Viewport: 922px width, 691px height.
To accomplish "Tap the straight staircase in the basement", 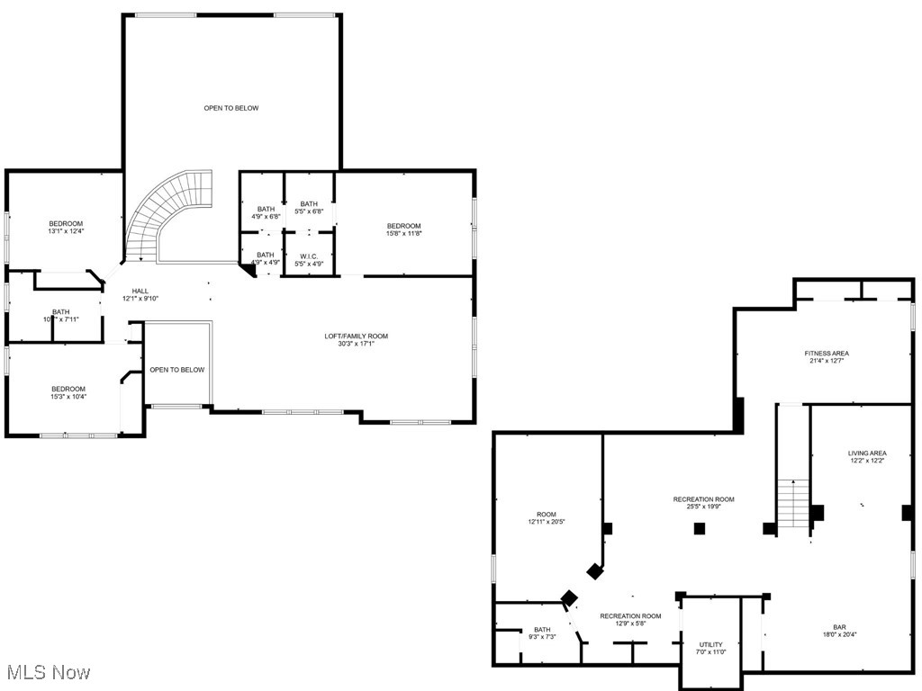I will pyautogui.click(x=793, y=504).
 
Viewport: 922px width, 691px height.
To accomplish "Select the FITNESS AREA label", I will pyautogui.click(x=827, y=354).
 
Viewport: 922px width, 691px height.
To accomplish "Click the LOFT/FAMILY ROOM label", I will pyautogui.click(x=357, y=337).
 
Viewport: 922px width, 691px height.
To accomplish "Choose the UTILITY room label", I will pyautogui.click(x=710, y=644).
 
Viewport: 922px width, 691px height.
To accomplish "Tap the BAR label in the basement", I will pyautogui.click(x=839, y=627).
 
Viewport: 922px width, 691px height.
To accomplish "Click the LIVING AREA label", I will pyautogui.click(x=867, y=453).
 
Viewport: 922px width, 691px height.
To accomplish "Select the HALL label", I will pyautogui.click(x=140, y=291).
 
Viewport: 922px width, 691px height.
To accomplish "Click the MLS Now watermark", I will pyautogui.click(x=47, y=672).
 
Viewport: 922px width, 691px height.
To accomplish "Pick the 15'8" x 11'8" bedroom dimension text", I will pyautogui.click(x=403, y=233).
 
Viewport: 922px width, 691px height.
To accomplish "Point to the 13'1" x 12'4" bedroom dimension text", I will pyautogui.click(x=66, y=231).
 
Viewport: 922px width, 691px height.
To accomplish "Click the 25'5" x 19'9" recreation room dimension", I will pyautogui.click(x=704, y=507).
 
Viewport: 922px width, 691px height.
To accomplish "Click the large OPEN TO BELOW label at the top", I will pyautogui.click(x=231, y=108).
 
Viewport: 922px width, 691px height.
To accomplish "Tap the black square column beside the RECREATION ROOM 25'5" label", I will pyautogui.click(x=699, y=529).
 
